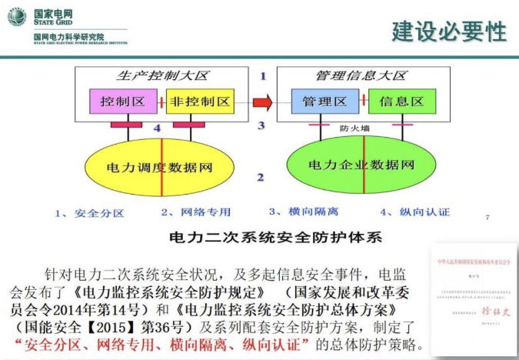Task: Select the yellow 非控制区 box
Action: (198, 101)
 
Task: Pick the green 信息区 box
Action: (402, 101)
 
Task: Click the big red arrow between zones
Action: (263, 101)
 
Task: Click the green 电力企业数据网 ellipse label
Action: (361, 165)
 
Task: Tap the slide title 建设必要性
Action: (448, 32)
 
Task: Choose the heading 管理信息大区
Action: (360, 77)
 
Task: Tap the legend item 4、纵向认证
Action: (414, 212)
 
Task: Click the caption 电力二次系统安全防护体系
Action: (274, 236)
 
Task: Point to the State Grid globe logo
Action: (17, 16)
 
